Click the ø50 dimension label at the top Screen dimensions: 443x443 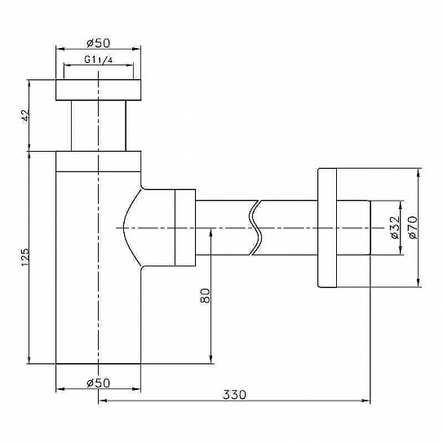click(x=98, y=43)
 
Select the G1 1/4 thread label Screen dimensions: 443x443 click(x=99, y=60)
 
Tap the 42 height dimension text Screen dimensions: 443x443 click(x=25, y=115)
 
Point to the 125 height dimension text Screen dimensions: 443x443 click(x=24, y=257)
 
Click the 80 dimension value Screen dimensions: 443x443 click(x=205, y=296)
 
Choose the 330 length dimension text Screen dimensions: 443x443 click(x=234, y=395)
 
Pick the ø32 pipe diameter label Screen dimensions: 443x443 click(x=395, y=228)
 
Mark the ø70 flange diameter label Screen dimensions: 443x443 click(x=412, y=228)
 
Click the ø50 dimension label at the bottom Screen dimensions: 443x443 click(x=98, y=383)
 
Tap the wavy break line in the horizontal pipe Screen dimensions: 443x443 click(x=256, y=228)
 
